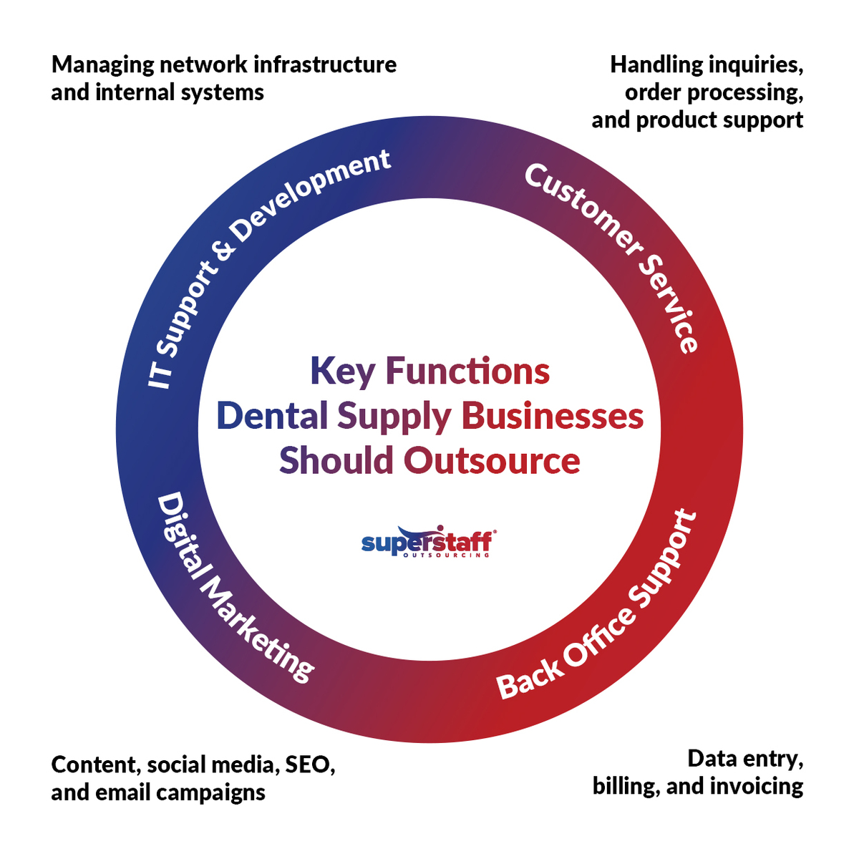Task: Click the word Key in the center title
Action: (342, 372)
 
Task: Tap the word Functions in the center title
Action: (467, 372)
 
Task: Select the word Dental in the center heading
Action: (272, 417)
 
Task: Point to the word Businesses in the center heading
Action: (553, 417)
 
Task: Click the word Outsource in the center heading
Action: (492, 461)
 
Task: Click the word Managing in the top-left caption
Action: (103, 65)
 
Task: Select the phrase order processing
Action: (714, 93)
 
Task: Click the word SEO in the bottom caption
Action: (310, 765)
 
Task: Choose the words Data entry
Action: (745, 759)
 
